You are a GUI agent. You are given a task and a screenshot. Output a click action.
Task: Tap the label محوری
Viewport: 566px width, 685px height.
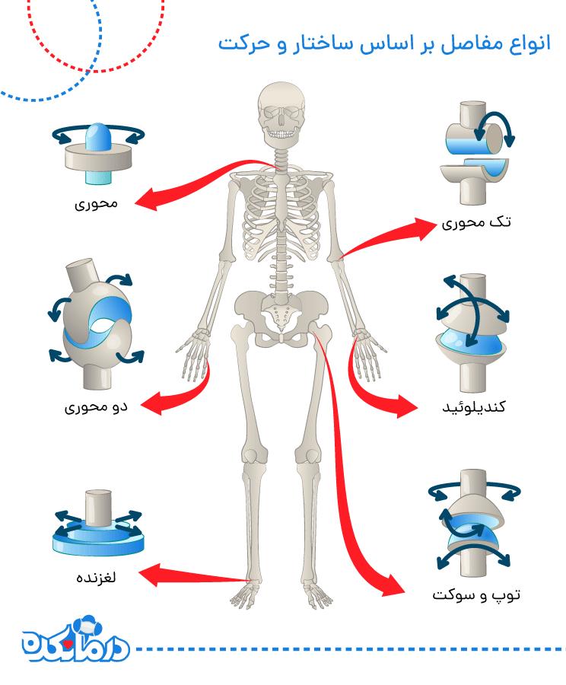click(x=96, y=203)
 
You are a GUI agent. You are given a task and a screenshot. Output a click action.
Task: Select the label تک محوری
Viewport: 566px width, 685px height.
click(x=476, y=222)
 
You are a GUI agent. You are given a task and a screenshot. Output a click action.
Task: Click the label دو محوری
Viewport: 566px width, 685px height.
click(x=96, y=407)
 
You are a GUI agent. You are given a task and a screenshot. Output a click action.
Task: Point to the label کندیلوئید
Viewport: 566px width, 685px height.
click(x=474, y=406)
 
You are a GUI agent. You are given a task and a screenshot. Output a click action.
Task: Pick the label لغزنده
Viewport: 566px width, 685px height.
click(x=96, y=577)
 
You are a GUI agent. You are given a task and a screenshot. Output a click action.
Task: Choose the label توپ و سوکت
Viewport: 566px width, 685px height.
click(x=476, y=594)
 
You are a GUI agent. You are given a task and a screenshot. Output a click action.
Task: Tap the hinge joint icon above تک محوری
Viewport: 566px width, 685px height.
click(x=478, y=153)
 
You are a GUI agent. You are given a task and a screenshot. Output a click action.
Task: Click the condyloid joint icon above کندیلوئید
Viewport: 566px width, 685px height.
click(x=472, y=333)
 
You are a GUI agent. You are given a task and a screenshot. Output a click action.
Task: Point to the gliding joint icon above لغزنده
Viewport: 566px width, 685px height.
click(x=98, y=524)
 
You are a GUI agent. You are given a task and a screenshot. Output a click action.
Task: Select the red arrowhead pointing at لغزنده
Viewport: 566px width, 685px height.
click(x=151, y=575)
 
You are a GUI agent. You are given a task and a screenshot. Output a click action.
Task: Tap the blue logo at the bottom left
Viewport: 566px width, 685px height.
click(x=75, y=639)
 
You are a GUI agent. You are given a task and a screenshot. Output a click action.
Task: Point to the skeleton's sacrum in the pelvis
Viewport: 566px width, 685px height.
click(x=281, y=317)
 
